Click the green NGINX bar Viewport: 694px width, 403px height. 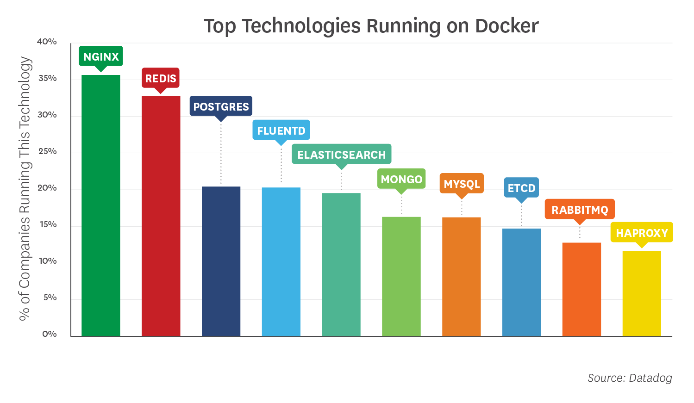pos(101,205)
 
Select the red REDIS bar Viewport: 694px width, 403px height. pos(161,216)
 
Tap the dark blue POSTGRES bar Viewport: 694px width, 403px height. pos(221,261)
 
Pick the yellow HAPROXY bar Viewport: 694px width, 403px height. pos(642,293)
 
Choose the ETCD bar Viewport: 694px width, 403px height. pos(521,282)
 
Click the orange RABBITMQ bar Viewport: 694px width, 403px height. pos(581,289)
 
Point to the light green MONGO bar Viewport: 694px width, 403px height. pos(401,276)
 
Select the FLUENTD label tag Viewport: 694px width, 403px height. pos(281,130)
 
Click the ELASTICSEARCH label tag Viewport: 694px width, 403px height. pos(341,155)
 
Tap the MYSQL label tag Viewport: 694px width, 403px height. pos(462,184)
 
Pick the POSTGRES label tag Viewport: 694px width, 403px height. pos(221,106)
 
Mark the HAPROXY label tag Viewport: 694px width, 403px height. pos(642,233)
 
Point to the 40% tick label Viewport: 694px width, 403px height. pos(47,42)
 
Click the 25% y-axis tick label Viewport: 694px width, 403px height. pos(47,151)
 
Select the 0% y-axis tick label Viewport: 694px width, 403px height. pos(49,334)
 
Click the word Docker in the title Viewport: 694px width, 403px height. pos(507,26)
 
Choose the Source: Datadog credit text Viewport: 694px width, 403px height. pos(630,378)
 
